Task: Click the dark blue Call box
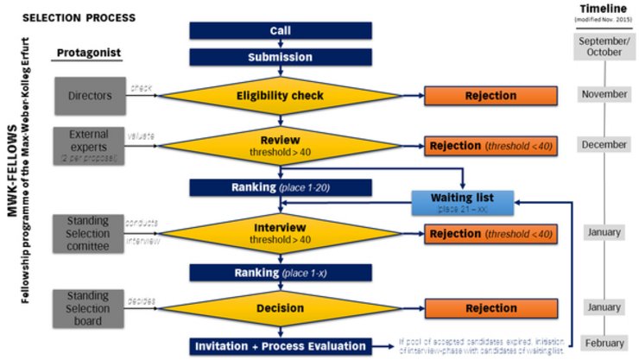coord(280,31)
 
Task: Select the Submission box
coord(280,57)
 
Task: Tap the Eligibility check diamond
coord(280,95)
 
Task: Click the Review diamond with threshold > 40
coord(280,144)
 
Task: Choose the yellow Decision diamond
coord(280,308)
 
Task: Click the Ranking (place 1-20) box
coord(280,186)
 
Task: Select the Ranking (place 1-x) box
coord(280,273)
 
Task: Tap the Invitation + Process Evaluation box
coord(280,346)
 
